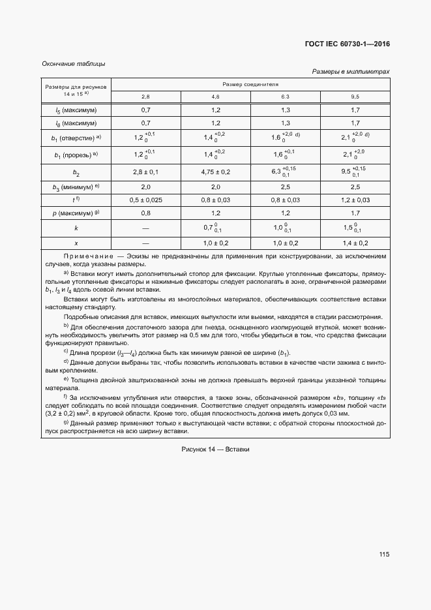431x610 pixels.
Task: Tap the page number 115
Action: click(x=383, y=554)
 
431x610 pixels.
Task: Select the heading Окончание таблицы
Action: click(x=73, y=64)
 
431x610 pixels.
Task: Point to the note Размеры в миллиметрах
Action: click(x=351, y=72)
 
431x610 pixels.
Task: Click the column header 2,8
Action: click(x=145, y=97)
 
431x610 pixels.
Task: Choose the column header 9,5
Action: click(x=355, y=97)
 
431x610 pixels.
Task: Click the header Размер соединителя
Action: click(x=250, y=85)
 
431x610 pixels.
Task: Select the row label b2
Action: click(x=76, y=172)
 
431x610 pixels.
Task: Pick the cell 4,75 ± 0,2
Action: click(x=215, y=172)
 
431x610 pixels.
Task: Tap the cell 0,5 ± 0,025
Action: click(x=145, y=200)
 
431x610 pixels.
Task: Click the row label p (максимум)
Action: click(x=76, y=213)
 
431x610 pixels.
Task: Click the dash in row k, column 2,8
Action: click(x=145, y=228)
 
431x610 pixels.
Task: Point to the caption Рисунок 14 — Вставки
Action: click(x=215, y=450)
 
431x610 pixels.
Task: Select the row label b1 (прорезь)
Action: click(x=76, y=154)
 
